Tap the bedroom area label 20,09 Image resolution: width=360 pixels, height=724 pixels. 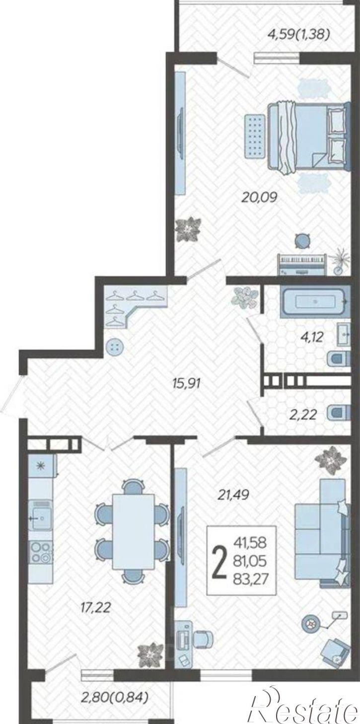(x=259, y=197)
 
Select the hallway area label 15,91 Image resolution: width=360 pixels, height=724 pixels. (x=187, y=383)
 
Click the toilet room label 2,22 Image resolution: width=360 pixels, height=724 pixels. (x=302, y=414)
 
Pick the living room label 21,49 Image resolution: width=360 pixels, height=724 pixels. (x=233, y=494)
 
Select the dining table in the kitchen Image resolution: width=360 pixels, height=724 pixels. (x=133, y=531)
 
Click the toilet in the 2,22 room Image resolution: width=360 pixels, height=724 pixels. (x=338, y=414)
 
